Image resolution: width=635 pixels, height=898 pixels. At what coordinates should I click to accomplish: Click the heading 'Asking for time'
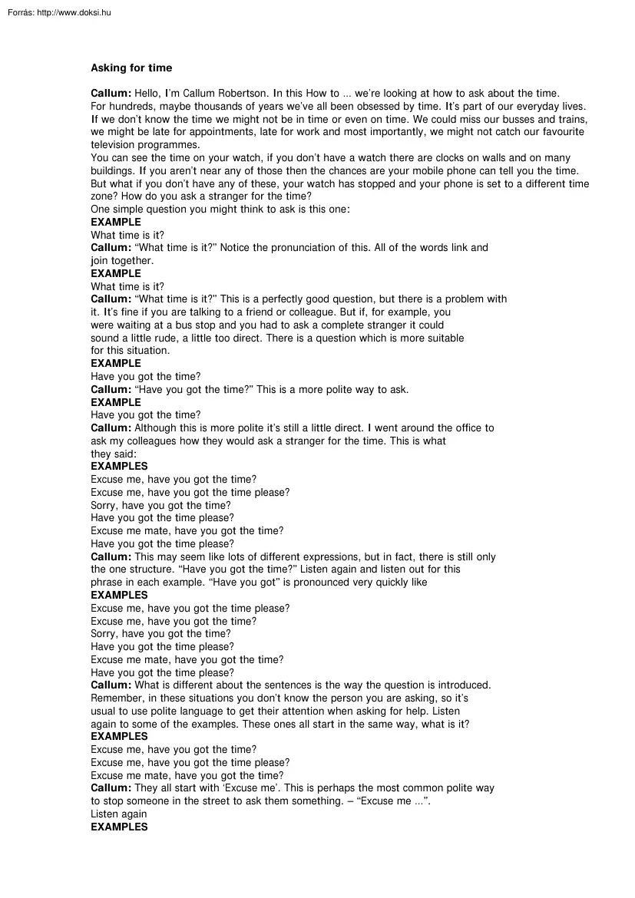coord(131,68)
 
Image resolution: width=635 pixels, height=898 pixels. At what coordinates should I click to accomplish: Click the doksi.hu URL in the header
coord(74,12)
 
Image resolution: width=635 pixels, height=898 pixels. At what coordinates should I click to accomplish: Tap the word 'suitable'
coord(445,338)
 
